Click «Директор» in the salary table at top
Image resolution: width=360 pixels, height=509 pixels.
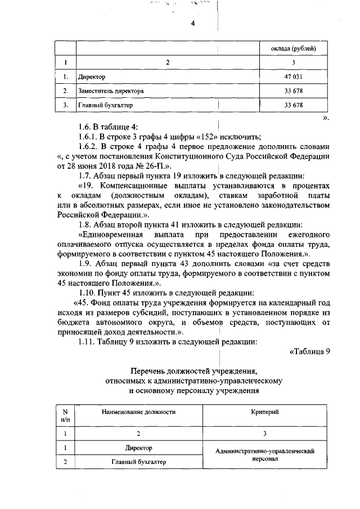[92, 76]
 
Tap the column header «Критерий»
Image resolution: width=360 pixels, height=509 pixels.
[264, 412]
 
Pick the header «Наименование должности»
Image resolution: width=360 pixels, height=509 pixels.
[138, 412]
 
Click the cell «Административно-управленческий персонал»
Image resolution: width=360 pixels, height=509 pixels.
[264, 454]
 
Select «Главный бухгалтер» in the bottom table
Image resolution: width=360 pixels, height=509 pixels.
[139, 462]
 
